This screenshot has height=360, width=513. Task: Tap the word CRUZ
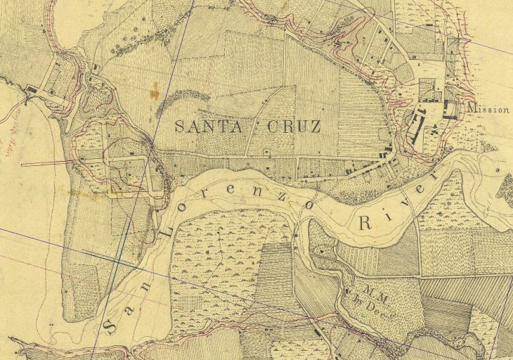294,127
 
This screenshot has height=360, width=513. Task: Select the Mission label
488,110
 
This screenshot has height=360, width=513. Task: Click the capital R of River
366,224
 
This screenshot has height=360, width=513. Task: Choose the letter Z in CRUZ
314,127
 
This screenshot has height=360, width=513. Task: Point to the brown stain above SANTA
154,90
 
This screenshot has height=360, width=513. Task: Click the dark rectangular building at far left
32,89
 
